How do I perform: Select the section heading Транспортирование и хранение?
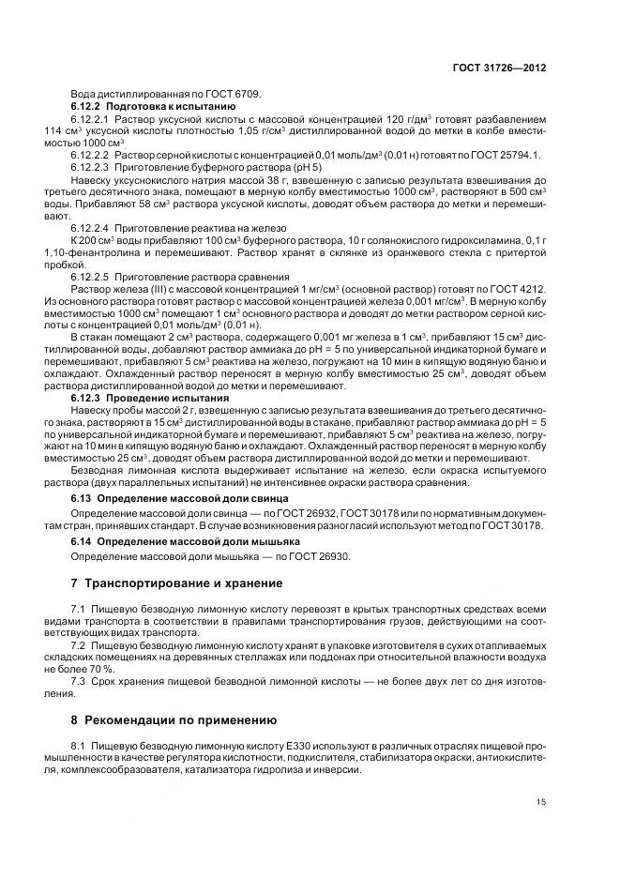[x=184, y=583]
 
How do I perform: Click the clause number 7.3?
[x=79, y=682]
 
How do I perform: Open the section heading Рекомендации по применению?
[x=180, y=720]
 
